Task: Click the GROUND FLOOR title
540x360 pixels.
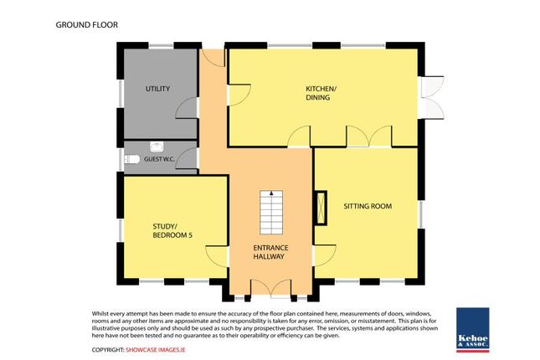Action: click(x=87, y=24)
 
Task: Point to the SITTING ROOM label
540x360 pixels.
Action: click(x=368, y=205)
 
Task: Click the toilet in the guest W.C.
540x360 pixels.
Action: click(x=131, y=158)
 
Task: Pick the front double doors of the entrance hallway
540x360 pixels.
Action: click(x=270, y=288)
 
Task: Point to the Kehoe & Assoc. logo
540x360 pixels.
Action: click(x=473, y=327)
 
